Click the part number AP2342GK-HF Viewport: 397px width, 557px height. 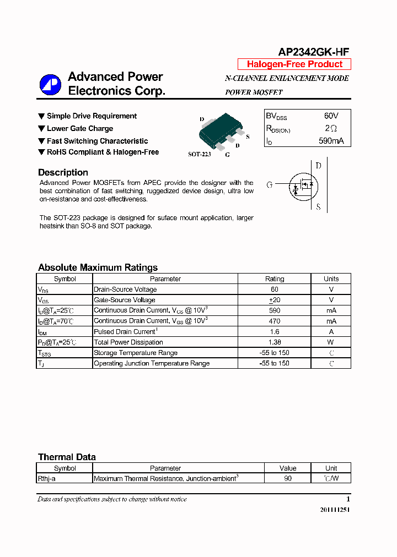tap(313, 52)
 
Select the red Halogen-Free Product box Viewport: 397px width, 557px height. tap(294, 64)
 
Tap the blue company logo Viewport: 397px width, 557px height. tap(50, 84)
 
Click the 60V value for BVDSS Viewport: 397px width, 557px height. tap(331, 116)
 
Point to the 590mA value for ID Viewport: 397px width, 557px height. tap(331, 141)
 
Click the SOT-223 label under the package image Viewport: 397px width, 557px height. tap(199, 155)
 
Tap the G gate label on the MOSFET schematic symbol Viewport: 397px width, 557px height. tap(270, 185)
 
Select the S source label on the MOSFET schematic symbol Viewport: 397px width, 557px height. tap(318, 207)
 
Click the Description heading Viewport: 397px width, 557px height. tap(63, 172)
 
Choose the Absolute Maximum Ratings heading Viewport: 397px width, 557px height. tap(98, 267)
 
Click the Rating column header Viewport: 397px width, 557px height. tap(275, 279)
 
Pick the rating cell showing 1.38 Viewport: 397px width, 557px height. tap(275, 342)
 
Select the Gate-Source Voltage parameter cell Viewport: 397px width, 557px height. tap(125, 300)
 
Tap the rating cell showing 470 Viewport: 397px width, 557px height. tap(275, 321)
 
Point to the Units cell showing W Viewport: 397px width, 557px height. tap(331, 342)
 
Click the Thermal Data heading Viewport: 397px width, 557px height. tap(67, 457)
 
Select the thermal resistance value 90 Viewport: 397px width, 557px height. tap(288, 479)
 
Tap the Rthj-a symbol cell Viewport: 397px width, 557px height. tap(47, 479)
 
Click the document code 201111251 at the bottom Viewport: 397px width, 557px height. tap(334, 510)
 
